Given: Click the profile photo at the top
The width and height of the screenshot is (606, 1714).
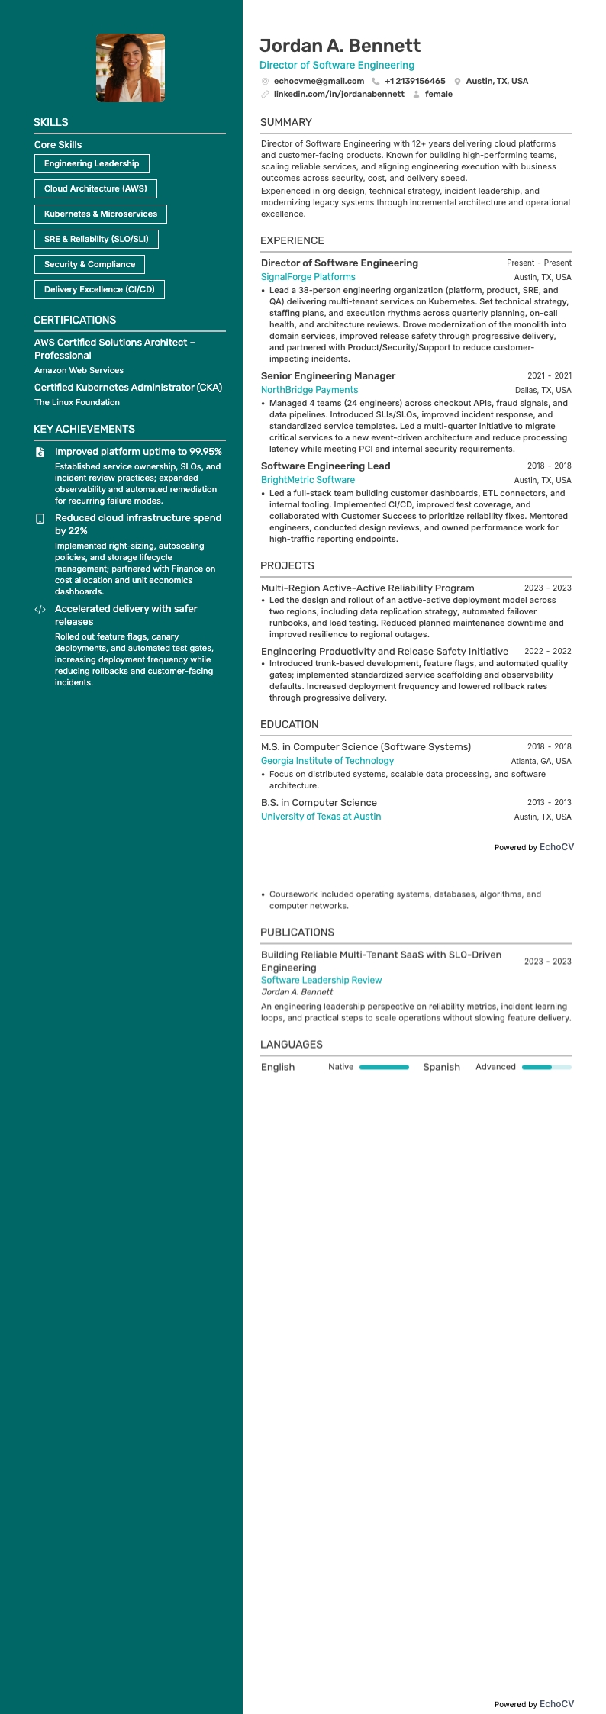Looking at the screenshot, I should click(x=130, y=68).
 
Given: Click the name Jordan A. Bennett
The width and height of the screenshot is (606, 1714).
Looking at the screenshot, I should click(x=340, y=46).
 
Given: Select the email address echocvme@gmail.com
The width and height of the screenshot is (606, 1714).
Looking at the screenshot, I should click(x=318, y=81).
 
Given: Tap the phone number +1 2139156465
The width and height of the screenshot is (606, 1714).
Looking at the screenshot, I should click(x=414, y=81).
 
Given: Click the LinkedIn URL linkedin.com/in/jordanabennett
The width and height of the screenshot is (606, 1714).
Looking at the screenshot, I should click(x=338, y=94).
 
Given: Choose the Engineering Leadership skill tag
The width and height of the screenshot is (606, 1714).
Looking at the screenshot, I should click(x=92, y=163).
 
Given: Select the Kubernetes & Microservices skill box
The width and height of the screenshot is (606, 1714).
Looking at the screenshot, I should click(x=100, y=214).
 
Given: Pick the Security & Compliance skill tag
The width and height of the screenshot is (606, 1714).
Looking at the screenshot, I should click(x=89, y=264).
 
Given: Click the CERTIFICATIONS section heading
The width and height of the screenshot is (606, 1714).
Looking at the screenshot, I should click(x=75, y=320).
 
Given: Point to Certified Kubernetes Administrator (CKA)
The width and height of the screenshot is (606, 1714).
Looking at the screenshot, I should click(x=128, y=388).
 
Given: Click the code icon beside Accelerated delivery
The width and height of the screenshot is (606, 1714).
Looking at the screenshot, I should click(x=40, y=609).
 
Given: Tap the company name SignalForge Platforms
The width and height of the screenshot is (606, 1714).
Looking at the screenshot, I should click(x=308, y=277).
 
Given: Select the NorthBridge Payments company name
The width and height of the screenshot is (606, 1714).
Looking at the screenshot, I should click(x=309, y=390).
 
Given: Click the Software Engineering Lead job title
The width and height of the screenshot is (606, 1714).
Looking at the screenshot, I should click(x=325, y=466).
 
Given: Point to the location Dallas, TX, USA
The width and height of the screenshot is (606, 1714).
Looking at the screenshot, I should click(x=543, y=390).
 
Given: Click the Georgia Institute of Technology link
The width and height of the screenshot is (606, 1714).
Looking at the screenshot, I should click(x=327, y=761).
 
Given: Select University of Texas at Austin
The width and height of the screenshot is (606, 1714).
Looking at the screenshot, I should click(x=321, y=817).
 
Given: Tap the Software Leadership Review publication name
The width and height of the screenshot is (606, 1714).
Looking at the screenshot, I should click(x=321, y=980).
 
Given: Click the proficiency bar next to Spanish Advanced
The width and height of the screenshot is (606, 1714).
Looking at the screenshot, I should click(x=546, y=1067).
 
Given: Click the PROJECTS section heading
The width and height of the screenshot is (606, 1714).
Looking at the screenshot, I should click(x=287, y=565).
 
